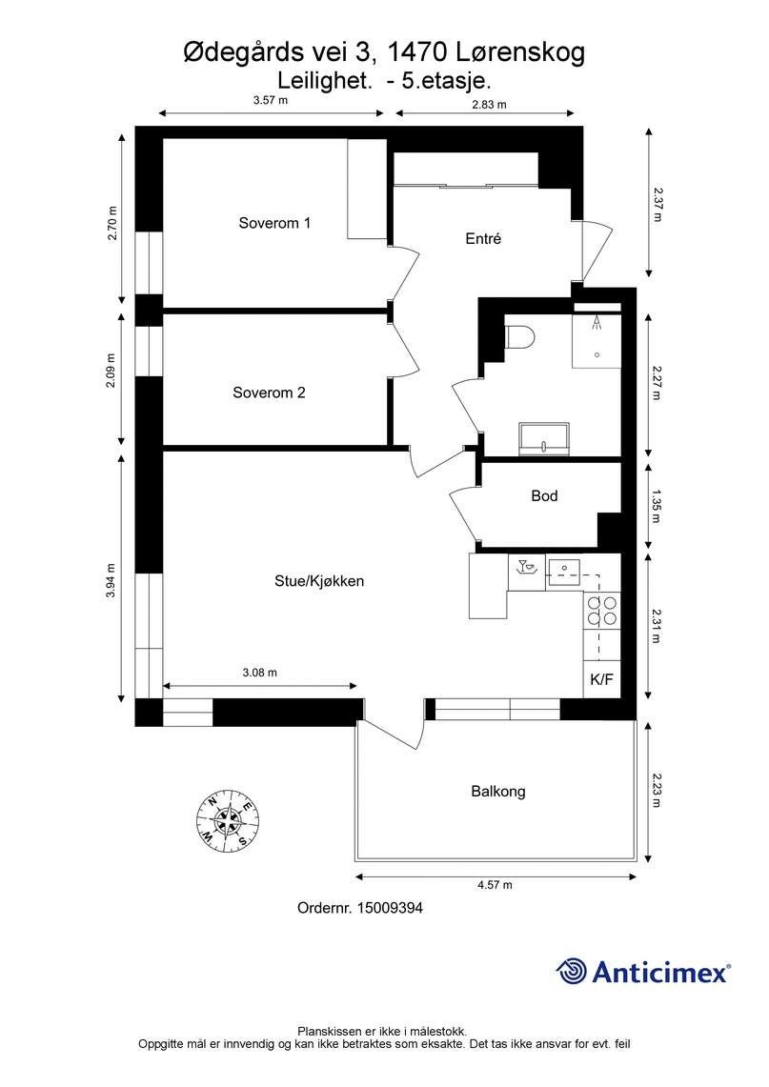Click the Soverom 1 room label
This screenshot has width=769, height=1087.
tap(274, 224)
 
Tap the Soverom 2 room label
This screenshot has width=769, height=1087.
tap(269, 393)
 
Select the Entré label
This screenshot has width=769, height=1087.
tap(483, 240)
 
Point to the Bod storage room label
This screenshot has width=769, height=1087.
tap(544, 496)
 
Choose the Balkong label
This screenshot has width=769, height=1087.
tap(497, 791)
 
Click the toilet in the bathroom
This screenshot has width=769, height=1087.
tap(518, 337)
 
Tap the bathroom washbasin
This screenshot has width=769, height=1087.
tap(544, 440)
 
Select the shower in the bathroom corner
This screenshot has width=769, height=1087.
tap(597, 339)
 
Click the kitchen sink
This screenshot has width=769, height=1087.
tap(565, 570)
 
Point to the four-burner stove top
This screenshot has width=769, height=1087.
tap(601, 610)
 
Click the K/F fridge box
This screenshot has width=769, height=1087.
tap(601, 680)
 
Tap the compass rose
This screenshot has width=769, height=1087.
tap(228, 819)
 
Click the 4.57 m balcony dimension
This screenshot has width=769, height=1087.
tap(495, 885)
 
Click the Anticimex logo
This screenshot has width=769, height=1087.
tap(643, 971)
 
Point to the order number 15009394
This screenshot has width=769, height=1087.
tap(359, 909)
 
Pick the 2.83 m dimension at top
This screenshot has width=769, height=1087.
tap(488, 104)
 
